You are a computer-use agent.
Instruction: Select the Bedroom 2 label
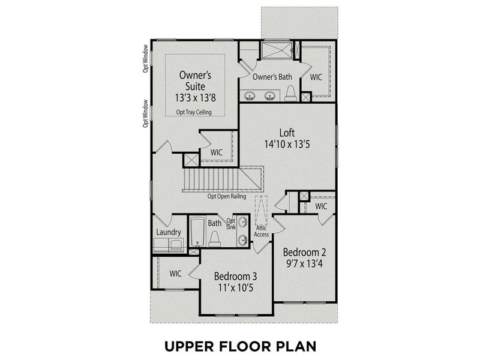pyautogui.click(x=304, y=251)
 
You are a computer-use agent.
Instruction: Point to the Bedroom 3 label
pyautogui.click(x=236, y=277)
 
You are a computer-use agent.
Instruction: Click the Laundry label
pyautogui.click(x=169, y=232)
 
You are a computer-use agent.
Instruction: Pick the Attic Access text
pyautogui.click(x=262, y=230)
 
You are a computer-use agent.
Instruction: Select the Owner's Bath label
pyautogui.click(x=272, y=77)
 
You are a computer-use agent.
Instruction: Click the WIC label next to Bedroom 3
pyautogui.click(x=175, y=274)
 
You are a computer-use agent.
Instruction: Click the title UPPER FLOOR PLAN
pyautogui.click(x=240, y=347)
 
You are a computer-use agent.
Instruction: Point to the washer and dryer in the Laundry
pyautogui.click(x=169, y=244)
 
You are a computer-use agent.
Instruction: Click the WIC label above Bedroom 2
pyautogui.click(x=322, y=206)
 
